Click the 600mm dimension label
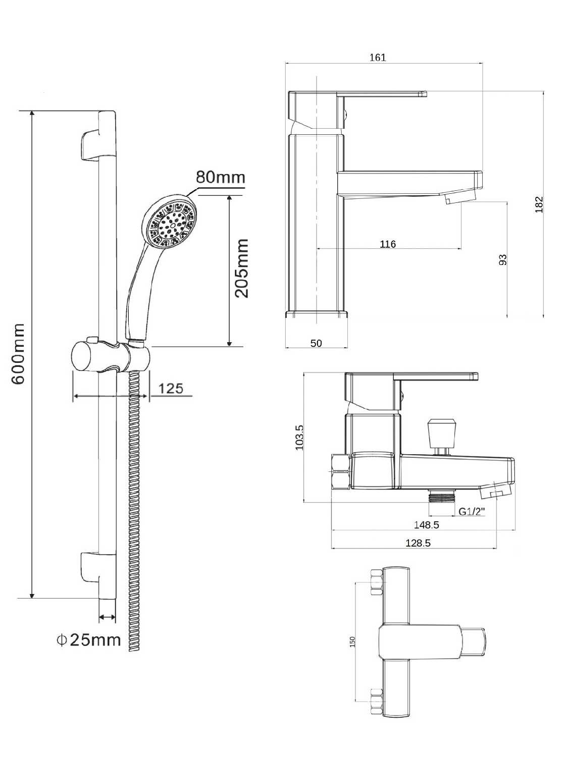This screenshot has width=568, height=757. point(18,354)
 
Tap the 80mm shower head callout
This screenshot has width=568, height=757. point(220,177)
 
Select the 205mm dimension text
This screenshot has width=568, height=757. point(241,268)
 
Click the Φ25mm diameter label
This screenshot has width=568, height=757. point(89,640)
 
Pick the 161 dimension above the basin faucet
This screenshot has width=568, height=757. point(378,57)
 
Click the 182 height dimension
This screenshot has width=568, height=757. point(539,204)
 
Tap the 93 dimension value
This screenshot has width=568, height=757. point(503,259)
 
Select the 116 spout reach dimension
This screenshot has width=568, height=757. point(388,244)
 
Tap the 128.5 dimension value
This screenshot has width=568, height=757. point(418,543)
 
